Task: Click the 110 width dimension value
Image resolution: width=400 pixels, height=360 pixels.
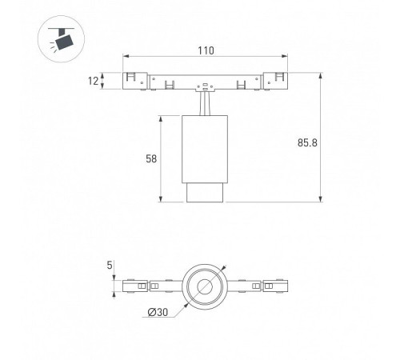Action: (206, 50)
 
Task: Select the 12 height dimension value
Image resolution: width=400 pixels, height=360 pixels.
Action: (94, 81)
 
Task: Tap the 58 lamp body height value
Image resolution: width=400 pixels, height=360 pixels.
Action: (151, 158)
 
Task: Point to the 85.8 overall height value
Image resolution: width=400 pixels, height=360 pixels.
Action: (307, 142)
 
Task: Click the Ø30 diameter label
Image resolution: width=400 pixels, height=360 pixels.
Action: (158, 312)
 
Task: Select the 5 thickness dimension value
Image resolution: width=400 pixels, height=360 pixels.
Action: (110, 265)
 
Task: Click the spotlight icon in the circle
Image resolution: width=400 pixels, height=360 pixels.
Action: (61, 39)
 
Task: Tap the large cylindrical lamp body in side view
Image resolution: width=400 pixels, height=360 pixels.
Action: (205, 150)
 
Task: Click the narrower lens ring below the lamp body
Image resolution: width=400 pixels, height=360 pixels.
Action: (205, 193)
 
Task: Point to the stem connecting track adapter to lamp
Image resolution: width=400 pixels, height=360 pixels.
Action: (205, 104)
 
